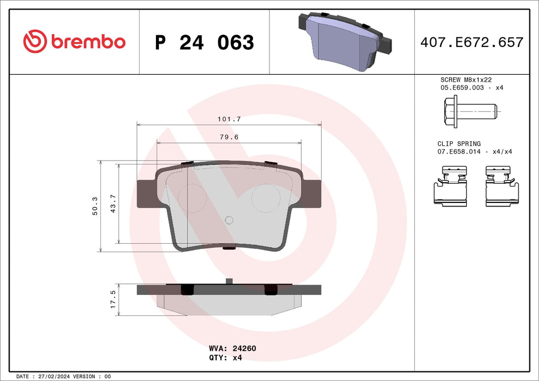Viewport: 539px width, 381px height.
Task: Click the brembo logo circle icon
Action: point(35,41)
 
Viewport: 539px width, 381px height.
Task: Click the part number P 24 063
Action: point(204,43)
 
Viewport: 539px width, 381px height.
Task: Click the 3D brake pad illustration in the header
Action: point(344,41)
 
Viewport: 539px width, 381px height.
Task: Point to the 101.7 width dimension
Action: point(230,119)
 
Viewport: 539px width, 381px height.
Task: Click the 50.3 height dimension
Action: point(95,206)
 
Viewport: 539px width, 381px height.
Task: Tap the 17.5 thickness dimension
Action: point(113,299)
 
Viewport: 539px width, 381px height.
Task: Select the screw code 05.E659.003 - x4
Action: point(471,88)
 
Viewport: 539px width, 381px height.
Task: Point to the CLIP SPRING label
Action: point(458,144)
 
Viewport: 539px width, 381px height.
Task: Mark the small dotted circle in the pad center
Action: point(229,221)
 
